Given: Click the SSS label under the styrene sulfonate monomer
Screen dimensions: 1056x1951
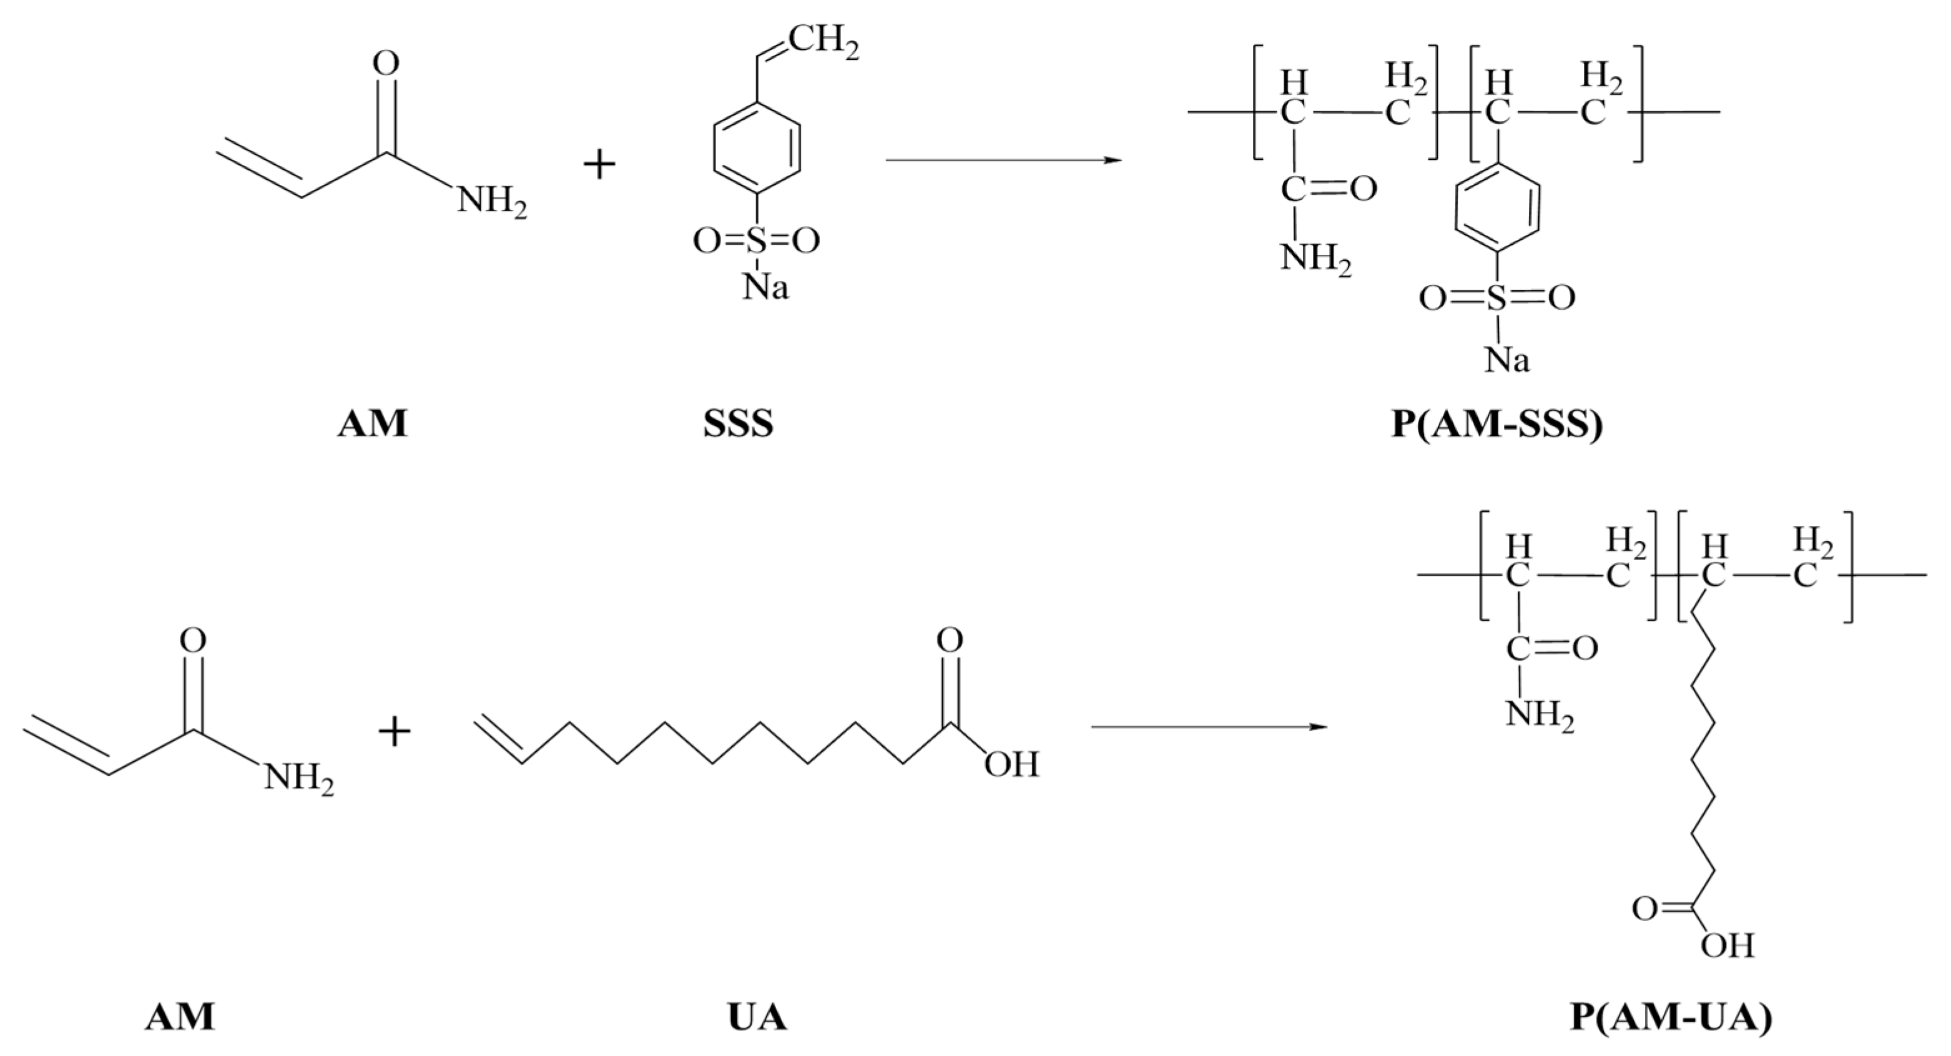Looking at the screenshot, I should coord(738,423).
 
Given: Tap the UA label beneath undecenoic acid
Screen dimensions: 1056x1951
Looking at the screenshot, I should coord(757,1017).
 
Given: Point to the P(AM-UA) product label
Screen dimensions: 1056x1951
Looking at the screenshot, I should coord(1671,1017).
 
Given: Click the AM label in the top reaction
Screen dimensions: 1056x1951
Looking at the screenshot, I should coord(372,423).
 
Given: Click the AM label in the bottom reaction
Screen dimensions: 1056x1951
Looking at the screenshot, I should coord(180,1017).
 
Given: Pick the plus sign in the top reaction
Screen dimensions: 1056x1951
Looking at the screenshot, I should coord(599,164).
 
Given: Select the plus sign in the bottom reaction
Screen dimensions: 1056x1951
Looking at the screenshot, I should coord(394,733).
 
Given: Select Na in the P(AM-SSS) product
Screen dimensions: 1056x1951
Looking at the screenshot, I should coord(1506,360).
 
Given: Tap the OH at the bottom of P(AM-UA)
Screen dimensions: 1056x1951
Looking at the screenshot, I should coord(1727,945).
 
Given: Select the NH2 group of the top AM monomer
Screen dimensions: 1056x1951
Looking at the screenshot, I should coord(491,203).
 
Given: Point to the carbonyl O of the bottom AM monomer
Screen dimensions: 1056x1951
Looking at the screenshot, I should coord(192,641).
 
